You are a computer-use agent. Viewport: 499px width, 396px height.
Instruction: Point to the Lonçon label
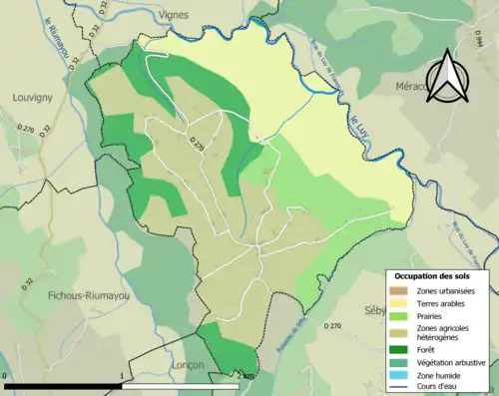pyautogui.click(x=186, y=366)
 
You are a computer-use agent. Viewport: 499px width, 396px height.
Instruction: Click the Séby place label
pyautogui.click(x=375, y=310)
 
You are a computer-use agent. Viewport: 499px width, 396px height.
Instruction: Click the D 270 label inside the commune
pyautogui.click(x=197, y=148)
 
